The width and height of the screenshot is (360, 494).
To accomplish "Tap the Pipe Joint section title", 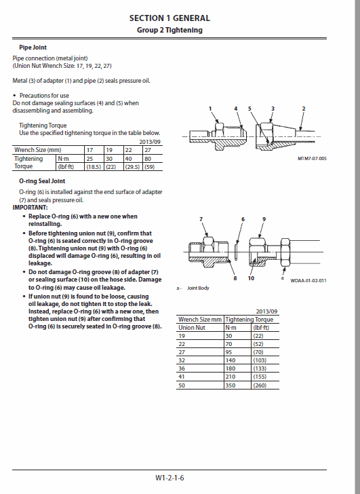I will [x=32, y=47].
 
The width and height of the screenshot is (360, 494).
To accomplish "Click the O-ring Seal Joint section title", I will [x=42, y=181].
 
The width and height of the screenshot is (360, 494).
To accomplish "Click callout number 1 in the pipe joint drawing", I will [x=211, y=109].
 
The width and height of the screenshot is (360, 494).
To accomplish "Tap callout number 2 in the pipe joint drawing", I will [x=303, y=109].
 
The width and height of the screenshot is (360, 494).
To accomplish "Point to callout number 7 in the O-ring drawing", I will [x=201, y=218].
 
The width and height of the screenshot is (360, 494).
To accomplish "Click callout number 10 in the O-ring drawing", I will [x=251, y=278].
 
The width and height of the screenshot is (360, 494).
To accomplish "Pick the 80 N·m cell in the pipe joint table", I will [x=148, y=158].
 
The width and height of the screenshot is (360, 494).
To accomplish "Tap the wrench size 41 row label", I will [x=182, y=376].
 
